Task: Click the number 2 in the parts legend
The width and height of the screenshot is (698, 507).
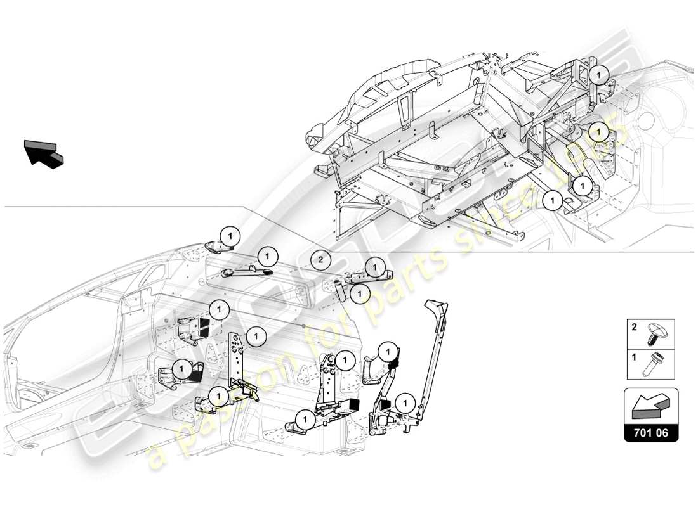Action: click(x=633, y=328)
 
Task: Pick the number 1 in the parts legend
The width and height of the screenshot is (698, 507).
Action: click(x=633, y=357)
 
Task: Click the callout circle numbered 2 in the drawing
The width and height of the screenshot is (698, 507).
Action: click(x=321, y=259)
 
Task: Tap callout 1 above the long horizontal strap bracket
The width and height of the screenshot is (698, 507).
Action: click(x=268, y=257)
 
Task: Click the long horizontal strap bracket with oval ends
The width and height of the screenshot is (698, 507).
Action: click(x=246, y=272)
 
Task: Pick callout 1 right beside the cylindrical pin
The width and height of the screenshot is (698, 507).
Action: click(x=359, y=293)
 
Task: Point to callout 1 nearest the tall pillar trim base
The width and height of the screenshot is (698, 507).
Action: click(x=404, y=402)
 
